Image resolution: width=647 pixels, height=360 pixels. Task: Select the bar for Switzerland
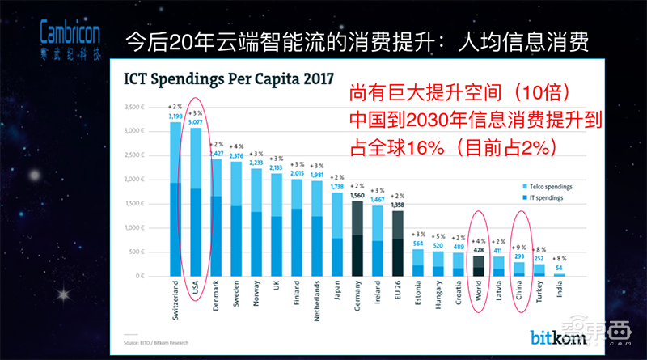coord(175,198)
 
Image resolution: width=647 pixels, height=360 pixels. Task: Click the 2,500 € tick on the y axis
coord(130,156)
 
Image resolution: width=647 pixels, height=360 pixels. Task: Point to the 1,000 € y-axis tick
coord(130,227)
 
